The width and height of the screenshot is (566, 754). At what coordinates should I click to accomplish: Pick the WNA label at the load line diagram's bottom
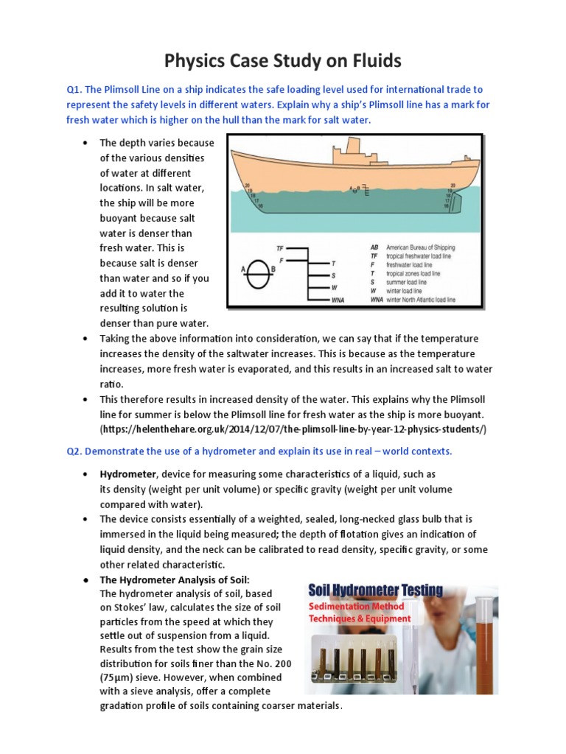point(338,300)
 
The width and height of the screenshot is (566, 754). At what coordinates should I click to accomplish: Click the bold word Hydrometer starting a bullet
point(127,473)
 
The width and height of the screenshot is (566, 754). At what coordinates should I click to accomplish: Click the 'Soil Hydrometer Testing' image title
point(375,589)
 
